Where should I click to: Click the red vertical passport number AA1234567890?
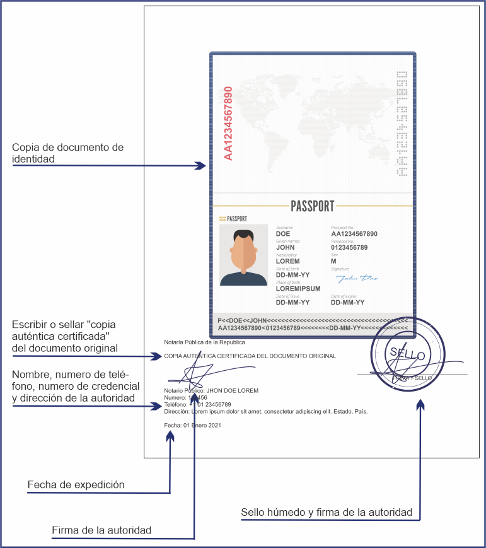pos(228,124)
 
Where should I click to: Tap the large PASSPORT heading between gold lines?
pos(313,206)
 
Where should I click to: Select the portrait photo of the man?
pos(243,255)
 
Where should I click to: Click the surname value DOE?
pos(283,234)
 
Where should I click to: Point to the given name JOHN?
pos(285,248)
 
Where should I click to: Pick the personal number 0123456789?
pos(349,248)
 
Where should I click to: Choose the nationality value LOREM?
pos(287,261)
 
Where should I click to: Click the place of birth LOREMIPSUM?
pos(298,289)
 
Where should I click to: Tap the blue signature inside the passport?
pos(357,277)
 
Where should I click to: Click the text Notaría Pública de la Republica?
pos(204,342)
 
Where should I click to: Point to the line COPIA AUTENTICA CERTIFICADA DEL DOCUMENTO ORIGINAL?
pos(250,356)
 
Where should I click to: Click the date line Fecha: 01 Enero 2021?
pos(192,426)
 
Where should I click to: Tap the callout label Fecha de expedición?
pos(76,485)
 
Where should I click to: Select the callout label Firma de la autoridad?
pos(101,530)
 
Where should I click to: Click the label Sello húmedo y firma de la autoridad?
pos(327,512)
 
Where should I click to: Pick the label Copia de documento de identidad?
pos(67,153)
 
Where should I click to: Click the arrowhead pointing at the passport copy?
pos(200,166)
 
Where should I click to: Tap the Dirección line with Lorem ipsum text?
pos(265,411)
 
